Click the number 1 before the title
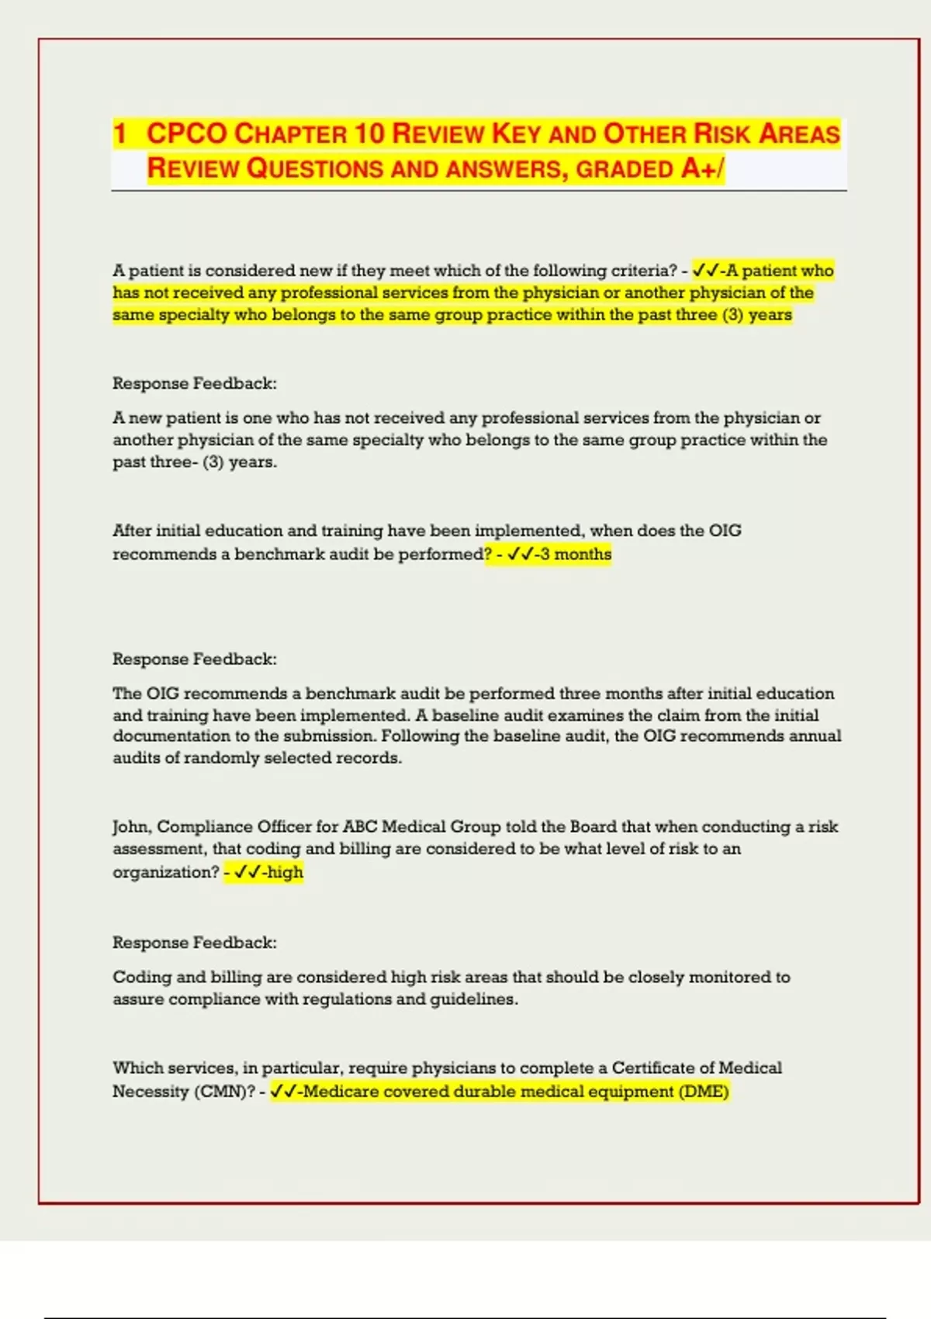pyautogui.click(x=119, y=133)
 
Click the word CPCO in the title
pyautogui.click(x=186, y=133)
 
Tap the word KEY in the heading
pyautogui.click(x=516, y=133)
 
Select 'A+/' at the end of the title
pyautogui.click(x=702, y=168)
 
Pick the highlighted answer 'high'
pyautogui.click(x=285, y=872)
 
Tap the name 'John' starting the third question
pyautogui.click(x=131, y=826)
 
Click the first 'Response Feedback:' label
pyautogui.click(x=195, y=383)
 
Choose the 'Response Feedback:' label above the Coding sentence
pyautogui.click(x=195, y=943)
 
